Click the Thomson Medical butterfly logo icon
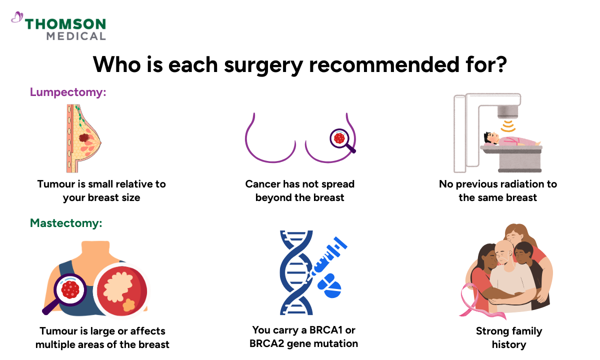click(17, 18)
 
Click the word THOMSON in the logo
click(65, 24)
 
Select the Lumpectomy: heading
click(68, 92)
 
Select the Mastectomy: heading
click(66, 223)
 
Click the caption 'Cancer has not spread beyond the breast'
click(299, 190)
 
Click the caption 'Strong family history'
click(508, 337)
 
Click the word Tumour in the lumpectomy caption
click(55, 184)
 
